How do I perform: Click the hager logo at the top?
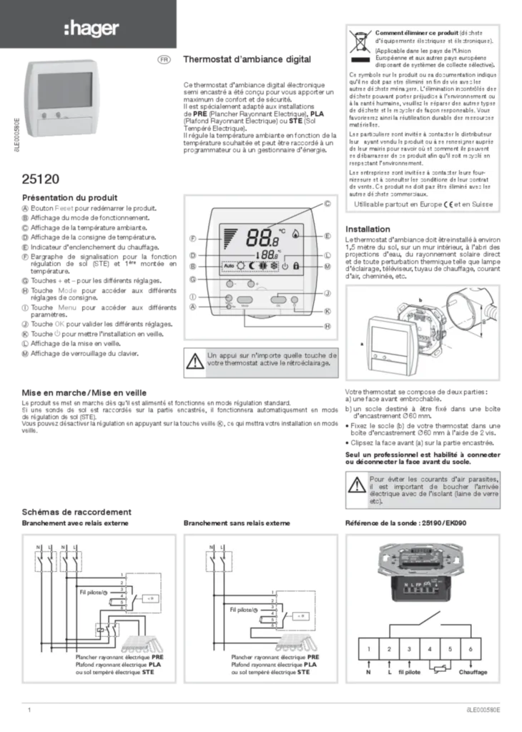[x=92, y=28]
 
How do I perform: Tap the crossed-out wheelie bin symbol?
[x=360, y=43]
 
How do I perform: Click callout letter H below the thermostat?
[x=328, y=326]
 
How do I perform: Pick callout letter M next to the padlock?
[x=328, y=267]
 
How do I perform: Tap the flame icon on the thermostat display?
[x=296, y=235]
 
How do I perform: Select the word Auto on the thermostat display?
[x=229, y=267]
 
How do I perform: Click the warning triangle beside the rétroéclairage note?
[x=194, y=362]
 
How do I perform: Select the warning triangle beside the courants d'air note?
[x=357, y=487]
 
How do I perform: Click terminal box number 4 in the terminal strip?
[x=429, y=649]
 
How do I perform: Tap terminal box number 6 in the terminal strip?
[x=472, y=649]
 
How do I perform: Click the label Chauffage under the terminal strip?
[x=473, y=673]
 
